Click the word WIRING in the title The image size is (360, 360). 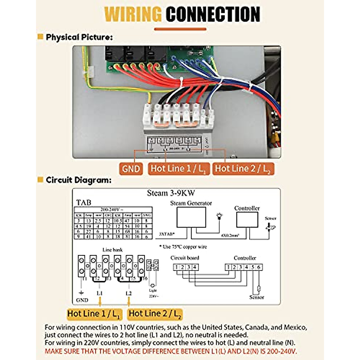(133, 14)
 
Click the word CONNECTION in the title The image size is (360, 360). (213, 14)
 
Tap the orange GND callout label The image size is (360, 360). (131, 169)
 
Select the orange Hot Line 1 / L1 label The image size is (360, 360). (178, 169)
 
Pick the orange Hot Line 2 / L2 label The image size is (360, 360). (243, 169)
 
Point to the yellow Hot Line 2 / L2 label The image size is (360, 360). (155, 314)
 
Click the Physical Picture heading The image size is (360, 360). (79, 37)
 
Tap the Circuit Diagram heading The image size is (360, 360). (78, 180)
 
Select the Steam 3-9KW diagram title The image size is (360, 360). (171, 193)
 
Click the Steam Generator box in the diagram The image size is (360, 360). (191, 217)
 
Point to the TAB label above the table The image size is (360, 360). (84, 202)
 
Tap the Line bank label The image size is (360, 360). (112, 250)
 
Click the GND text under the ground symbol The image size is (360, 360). (82, 300)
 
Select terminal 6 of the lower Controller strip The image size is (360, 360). (259, 267)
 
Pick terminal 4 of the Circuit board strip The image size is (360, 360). (195, 267)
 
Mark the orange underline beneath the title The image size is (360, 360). (180, 29)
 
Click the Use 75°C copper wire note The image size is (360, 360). (183, 247)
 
